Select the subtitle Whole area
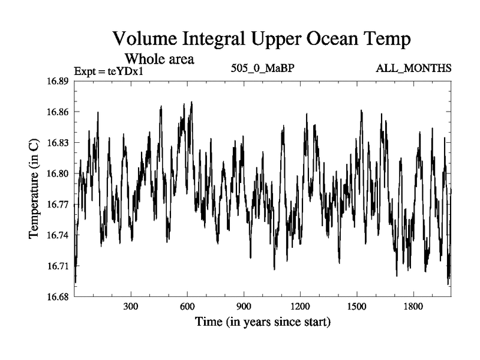tap(159, 59)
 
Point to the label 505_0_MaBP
tap(262, 68)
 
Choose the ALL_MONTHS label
tap(413, 68)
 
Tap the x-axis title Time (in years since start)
tap(262, 322)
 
